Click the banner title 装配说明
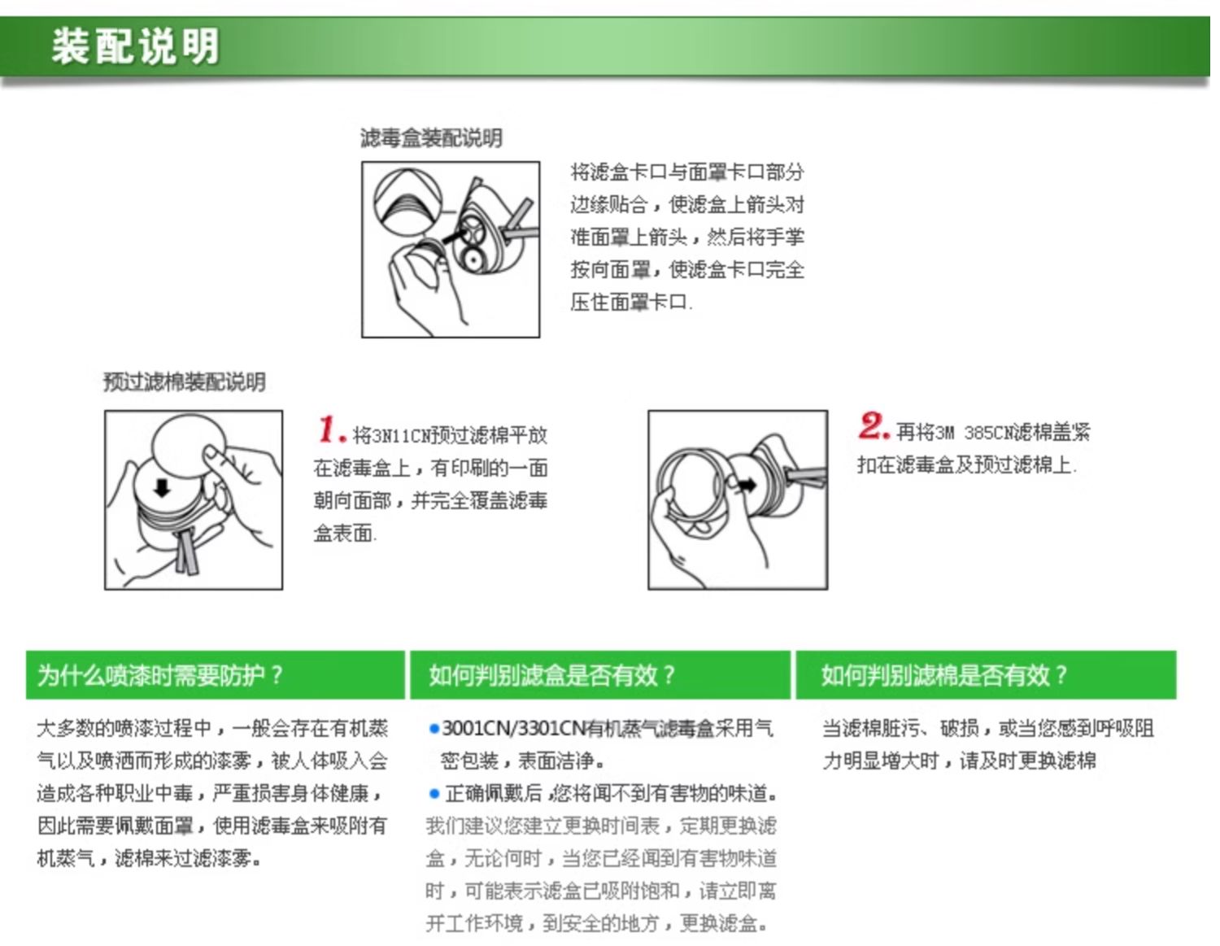(x=135, y=46)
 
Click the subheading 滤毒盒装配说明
(x=431, y=138)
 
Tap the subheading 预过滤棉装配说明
(x=185, y=382)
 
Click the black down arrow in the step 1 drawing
(x=162, y=487)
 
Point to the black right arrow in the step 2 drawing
(x=747, y=485)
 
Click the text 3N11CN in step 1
(x=391, y=436)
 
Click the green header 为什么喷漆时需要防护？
(x=160, y=675)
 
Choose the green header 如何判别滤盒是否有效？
(x=552, y=675)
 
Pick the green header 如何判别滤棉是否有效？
(x=943, y=675)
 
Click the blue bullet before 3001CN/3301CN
(x=434, y=729)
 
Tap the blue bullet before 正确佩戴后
(x=434, y=794)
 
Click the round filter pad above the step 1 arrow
(x=190, y=447)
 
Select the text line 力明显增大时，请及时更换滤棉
(x=959, y=761)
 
